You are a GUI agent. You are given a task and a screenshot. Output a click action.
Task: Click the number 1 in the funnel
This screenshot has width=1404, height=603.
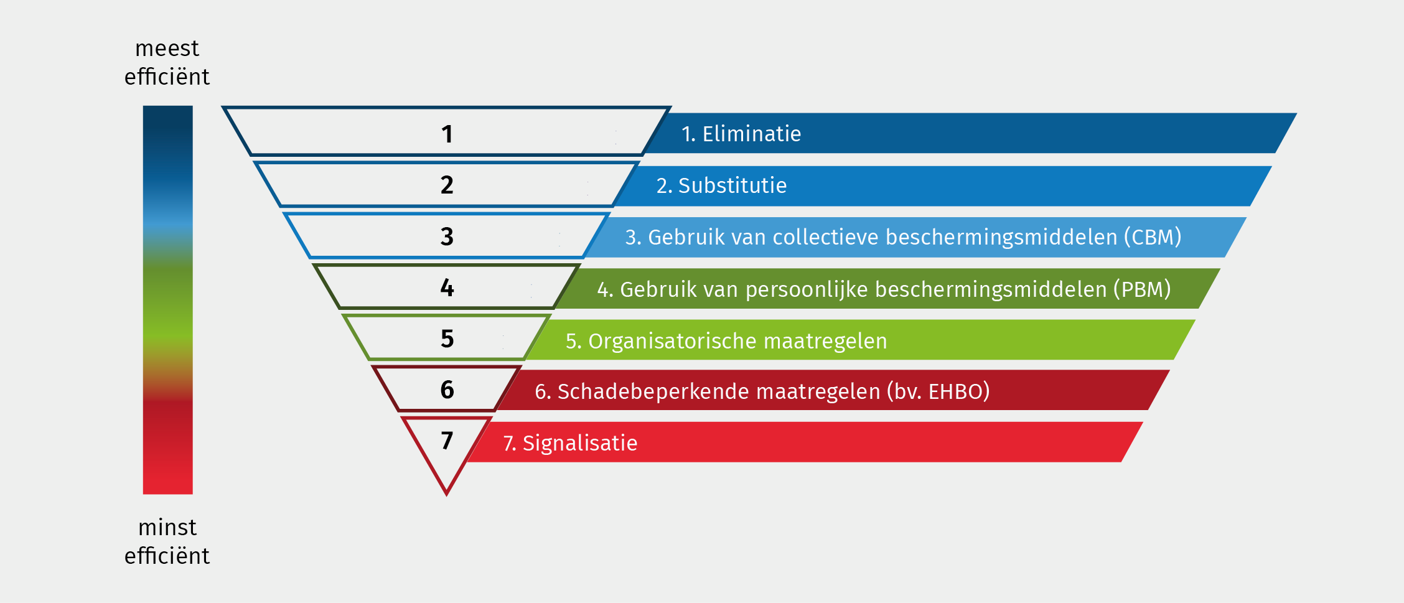pyautogui.click(x=447, y=134)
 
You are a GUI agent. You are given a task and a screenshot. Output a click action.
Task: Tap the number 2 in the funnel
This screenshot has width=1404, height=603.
pyautogui.click(x=447, y=185)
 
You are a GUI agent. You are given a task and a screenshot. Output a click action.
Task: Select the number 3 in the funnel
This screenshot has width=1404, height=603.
pyautogui.click(x=447, y=236)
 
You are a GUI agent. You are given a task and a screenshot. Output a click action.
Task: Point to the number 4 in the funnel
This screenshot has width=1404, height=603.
pyautogui.click(x=447, y=287)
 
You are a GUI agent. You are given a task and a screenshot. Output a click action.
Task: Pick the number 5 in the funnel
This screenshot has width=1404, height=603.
pyautogui.click(x=447, y=339)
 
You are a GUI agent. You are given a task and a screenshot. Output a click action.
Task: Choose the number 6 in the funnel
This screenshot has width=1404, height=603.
pyautogui.click(x=447, y=390)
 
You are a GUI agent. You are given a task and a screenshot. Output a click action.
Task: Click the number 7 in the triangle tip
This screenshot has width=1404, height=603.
pyautogui.click(x=447, y=441)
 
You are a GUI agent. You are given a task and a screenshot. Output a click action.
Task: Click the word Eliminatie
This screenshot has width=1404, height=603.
pyautogui.click(x=751, y=134)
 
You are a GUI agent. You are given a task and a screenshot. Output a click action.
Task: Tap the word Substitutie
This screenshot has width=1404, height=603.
pyautogui.click(x=732, y=185)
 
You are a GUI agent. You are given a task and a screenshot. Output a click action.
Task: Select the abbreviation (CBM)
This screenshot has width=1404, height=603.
pyautogui.click(x=1152, y=237)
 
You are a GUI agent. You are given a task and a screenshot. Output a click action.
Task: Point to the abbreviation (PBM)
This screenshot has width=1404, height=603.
pyautogui.click(x=1141, y=289)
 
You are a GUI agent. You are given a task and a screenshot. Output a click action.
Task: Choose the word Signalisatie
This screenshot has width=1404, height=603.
pyautogui.click(x=579, y=443)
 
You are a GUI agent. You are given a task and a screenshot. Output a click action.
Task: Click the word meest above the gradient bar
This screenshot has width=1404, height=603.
pyautogui.click(x=167, y=49)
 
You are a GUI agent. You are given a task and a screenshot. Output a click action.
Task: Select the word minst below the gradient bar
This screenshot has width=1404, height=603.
pyautogui.click(x=167, y=528)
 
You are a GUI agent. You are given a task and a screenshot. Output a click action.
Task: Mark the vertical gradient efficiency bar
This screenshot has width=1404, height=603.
pyautogui.click(x=167, y=300)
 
